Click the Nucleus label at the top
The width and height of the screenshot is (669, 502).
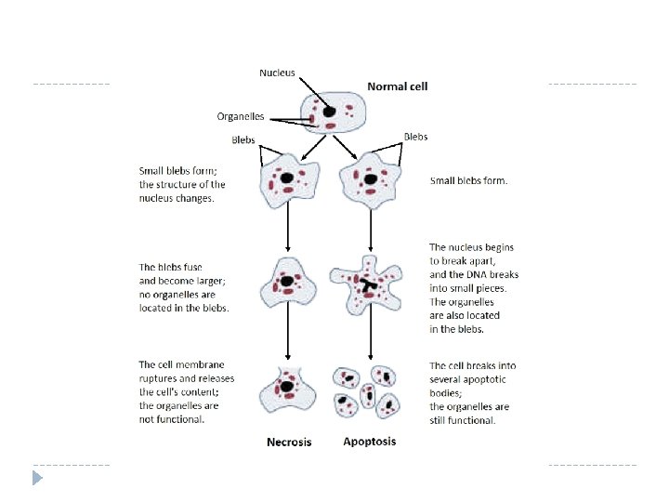point(277,73)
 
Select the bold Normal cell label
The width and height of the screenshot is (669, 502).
point(398,86)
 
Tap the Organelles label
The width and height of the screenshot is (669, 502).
point(241,116)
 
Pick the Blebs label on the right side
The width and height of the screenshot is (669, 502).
point(416,136)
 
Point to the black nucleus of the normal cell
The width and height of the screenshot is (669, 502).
point(330,111)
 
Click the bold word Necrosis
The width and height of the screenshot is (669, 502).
point(289,442)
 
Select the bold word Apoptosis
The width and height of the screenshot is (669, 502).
point(369,441)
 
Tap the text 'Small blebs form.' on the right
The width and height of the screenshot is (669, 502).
point(468,180)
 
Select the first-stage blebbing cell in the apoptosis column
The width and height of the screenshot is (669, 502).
point(371,178)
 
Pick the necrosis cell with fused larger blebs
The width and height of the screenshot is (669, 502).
point(288,282)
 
